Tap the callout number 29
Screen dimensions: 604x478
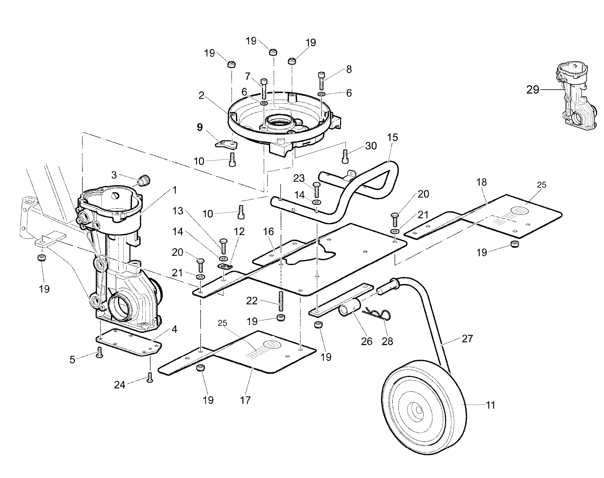pyautogui.click(x=533, y=90)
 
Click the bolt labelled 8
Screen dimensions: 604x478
pyautogui.click(x=321, y=80)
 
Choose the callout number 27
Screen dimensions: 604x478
pyautogui.click(x=467, y=339)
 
